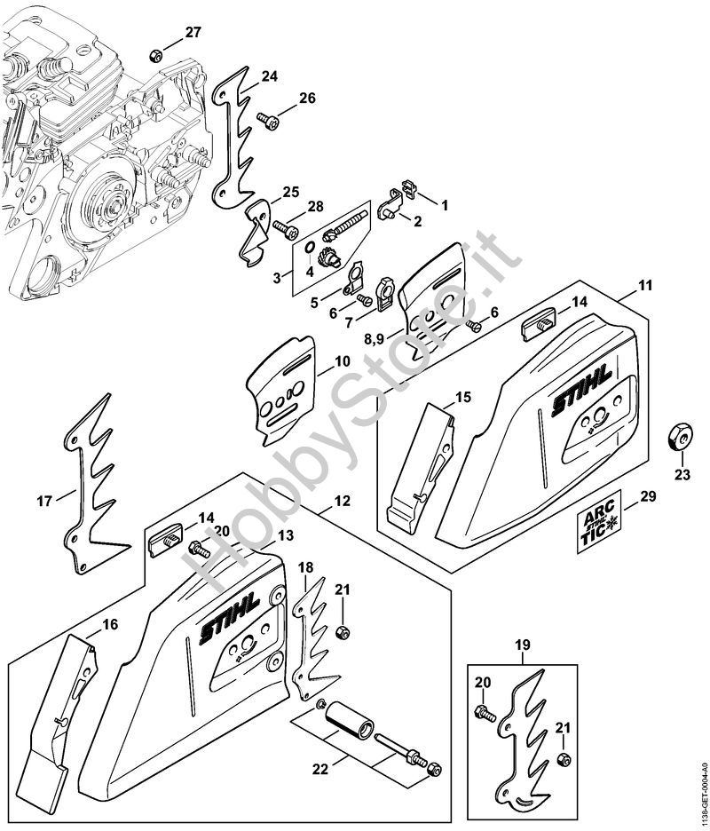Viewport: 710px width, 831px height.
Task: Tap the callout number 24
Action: [269, 76]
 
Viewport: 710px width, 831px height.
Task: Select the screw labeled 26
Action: [265, 118]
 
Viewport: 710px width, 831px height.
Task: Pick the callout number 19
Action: [522, 645]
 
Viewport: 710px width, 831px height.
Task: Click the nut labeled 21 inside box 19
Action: [563, 761]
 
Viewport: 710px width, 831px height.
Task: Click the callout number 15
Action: [462, 396]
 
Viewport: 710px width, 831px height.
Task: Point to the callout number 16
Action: [109, 624]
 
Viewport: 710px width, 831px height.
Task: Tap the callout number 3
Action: [278, 278]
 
